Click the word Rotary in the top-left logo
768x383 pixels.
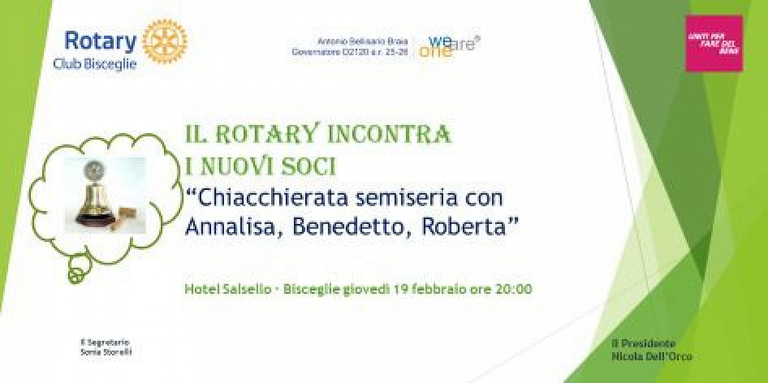tap(100, 41)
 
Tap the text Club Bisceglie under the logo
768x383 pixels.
tap(95, 64)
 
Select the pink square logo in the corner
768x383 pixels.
tap(714, 44)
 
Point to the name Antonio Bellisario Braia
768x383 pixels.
tap(362, 42)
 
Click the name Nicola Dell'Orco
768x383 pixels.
tap(652, 356)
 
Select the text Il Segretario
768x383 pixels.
tap(105, 342)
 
